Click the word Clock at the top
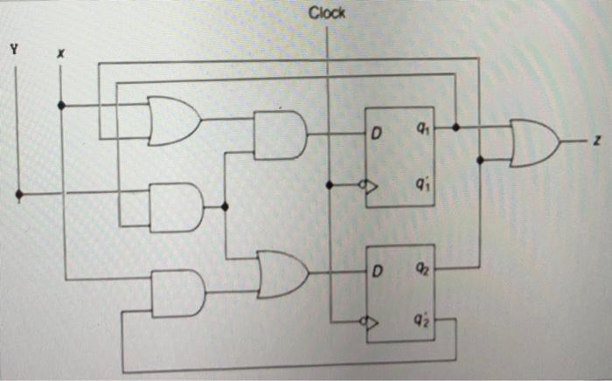[327, 13]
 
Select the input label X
[60, 53]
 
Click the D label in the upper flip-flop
[378, 135]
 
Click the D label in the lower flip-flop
[378, 272]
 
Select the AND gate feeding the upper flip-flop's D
[280, 135]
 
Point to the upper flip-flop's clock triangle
[372, 186]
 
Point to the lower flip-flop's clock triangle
[372, 322]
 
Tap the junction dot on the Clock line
[328, 185]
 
